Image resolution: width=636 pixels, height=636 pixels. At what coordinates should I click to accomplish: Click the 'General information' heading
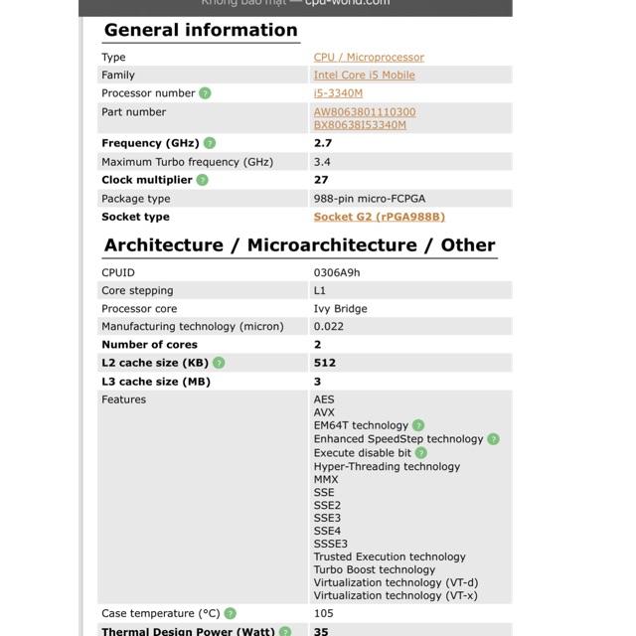[x=201, y=30]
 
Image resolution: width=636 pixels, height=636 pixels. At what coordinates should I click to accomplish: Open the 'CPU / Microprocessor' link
[x=369, y=58]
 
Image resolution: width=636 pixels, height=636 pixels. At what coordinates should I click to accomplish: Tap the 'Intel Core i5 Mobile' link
[x=364, y=76]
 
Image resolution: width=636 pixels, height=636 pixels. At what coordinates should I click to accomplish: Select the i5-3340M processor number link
[x=338, y=93]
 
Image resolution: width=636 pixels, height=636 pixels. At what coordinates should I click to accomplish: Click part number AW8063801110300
[x=365, y=112]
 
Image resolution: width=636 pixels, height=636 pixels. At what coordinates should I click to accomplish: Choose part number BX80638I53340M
[x=360, y=125]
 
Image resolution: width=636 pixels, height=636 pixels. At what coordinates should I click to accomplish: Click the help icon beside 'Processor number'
[x=205, y=93]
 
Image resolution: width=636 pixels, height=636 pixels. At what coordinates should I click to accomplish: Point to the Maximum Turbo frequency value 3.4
[x=322, y=162]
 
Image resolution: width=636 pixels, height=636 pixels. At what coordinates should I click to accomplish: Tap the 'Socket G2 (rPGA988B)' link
[x=379, y=217]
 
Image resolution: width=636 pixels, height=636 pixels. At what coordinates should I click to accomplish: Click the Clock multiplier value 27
[x=321, y=180]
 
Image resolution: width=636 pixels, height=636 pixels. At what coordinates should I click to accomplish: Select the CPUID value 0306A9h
[x=337, y=272]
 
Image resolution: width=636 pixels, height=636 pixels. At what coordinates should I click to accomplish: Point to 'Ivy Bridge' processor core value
[x=340, y=309]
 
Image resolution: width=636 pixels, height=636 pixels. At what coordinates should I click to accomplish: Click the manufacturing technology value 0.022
[x=329, y=327]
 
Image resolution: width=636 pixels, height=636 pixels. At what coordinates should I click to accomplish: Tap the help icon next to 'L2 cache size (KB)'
[x=219, y=364]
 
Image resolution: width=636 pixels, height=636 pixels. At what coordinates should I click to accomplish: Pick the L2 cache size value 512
[x=325, y=364]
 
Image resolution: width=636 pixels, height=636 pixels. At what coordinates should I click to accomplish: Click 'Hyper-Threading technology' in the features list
[x=387, y=467]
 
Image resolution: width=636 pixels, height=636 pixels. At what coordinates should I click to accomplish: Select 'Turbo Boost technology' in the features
[x=374, y=570]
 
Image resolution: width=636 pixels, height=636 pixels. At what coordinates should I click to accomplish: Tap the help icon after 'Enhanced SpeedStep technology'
[x=493, y=439]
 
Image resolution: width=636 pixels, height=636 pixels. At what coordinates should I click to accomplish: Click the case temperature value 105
[x=324, y=614]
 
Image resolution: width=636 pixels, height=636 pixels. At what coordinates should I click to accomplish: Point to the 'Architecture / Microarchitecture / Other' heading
[x=299, y=245]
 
